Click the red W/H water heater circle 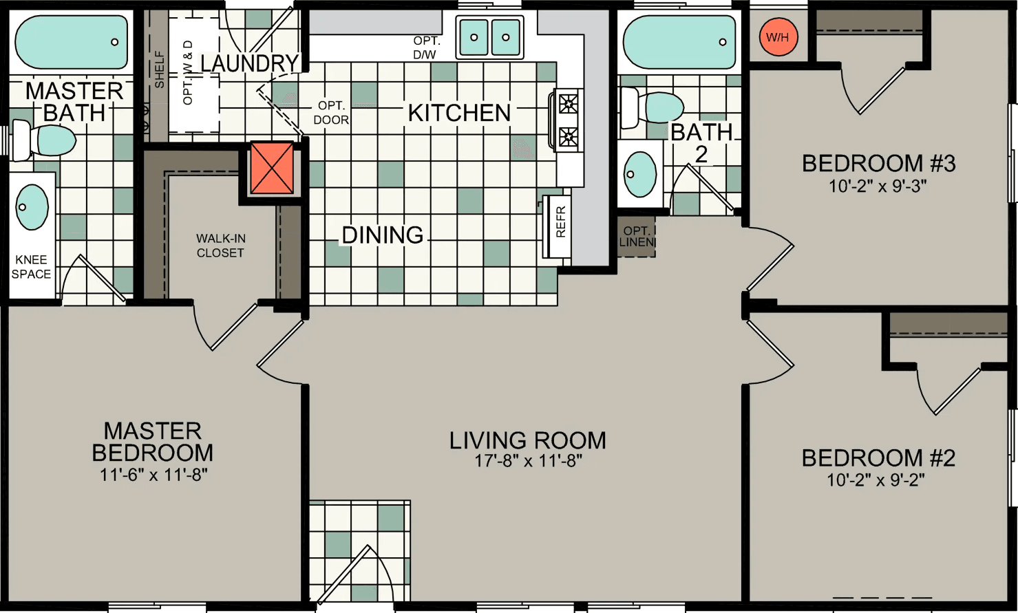click(778, 37)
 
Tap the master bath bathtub click(71, 42)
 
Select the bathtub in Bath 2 click(679, 42)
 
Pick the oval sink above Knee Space click(32, 206)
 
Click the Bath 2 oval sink click(639, 174)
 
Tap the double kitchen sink click(489, 37)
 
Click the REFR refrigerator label click(560, 222)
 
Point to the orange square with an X click(272, 168)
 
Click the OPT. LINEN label click(636, 237)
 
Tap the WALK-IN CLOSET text click(220, 246)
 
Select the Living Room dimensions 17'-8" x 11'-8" click(528, 461)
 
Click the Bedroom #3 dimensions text click(878, 186)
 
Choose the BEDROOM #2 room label click(878, 458)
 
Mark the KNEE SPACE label click(31, 267)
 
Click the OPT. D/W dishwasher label click(426, 47)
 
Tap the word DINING click(383, 235)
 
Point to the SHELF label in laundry click(160, 69)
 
